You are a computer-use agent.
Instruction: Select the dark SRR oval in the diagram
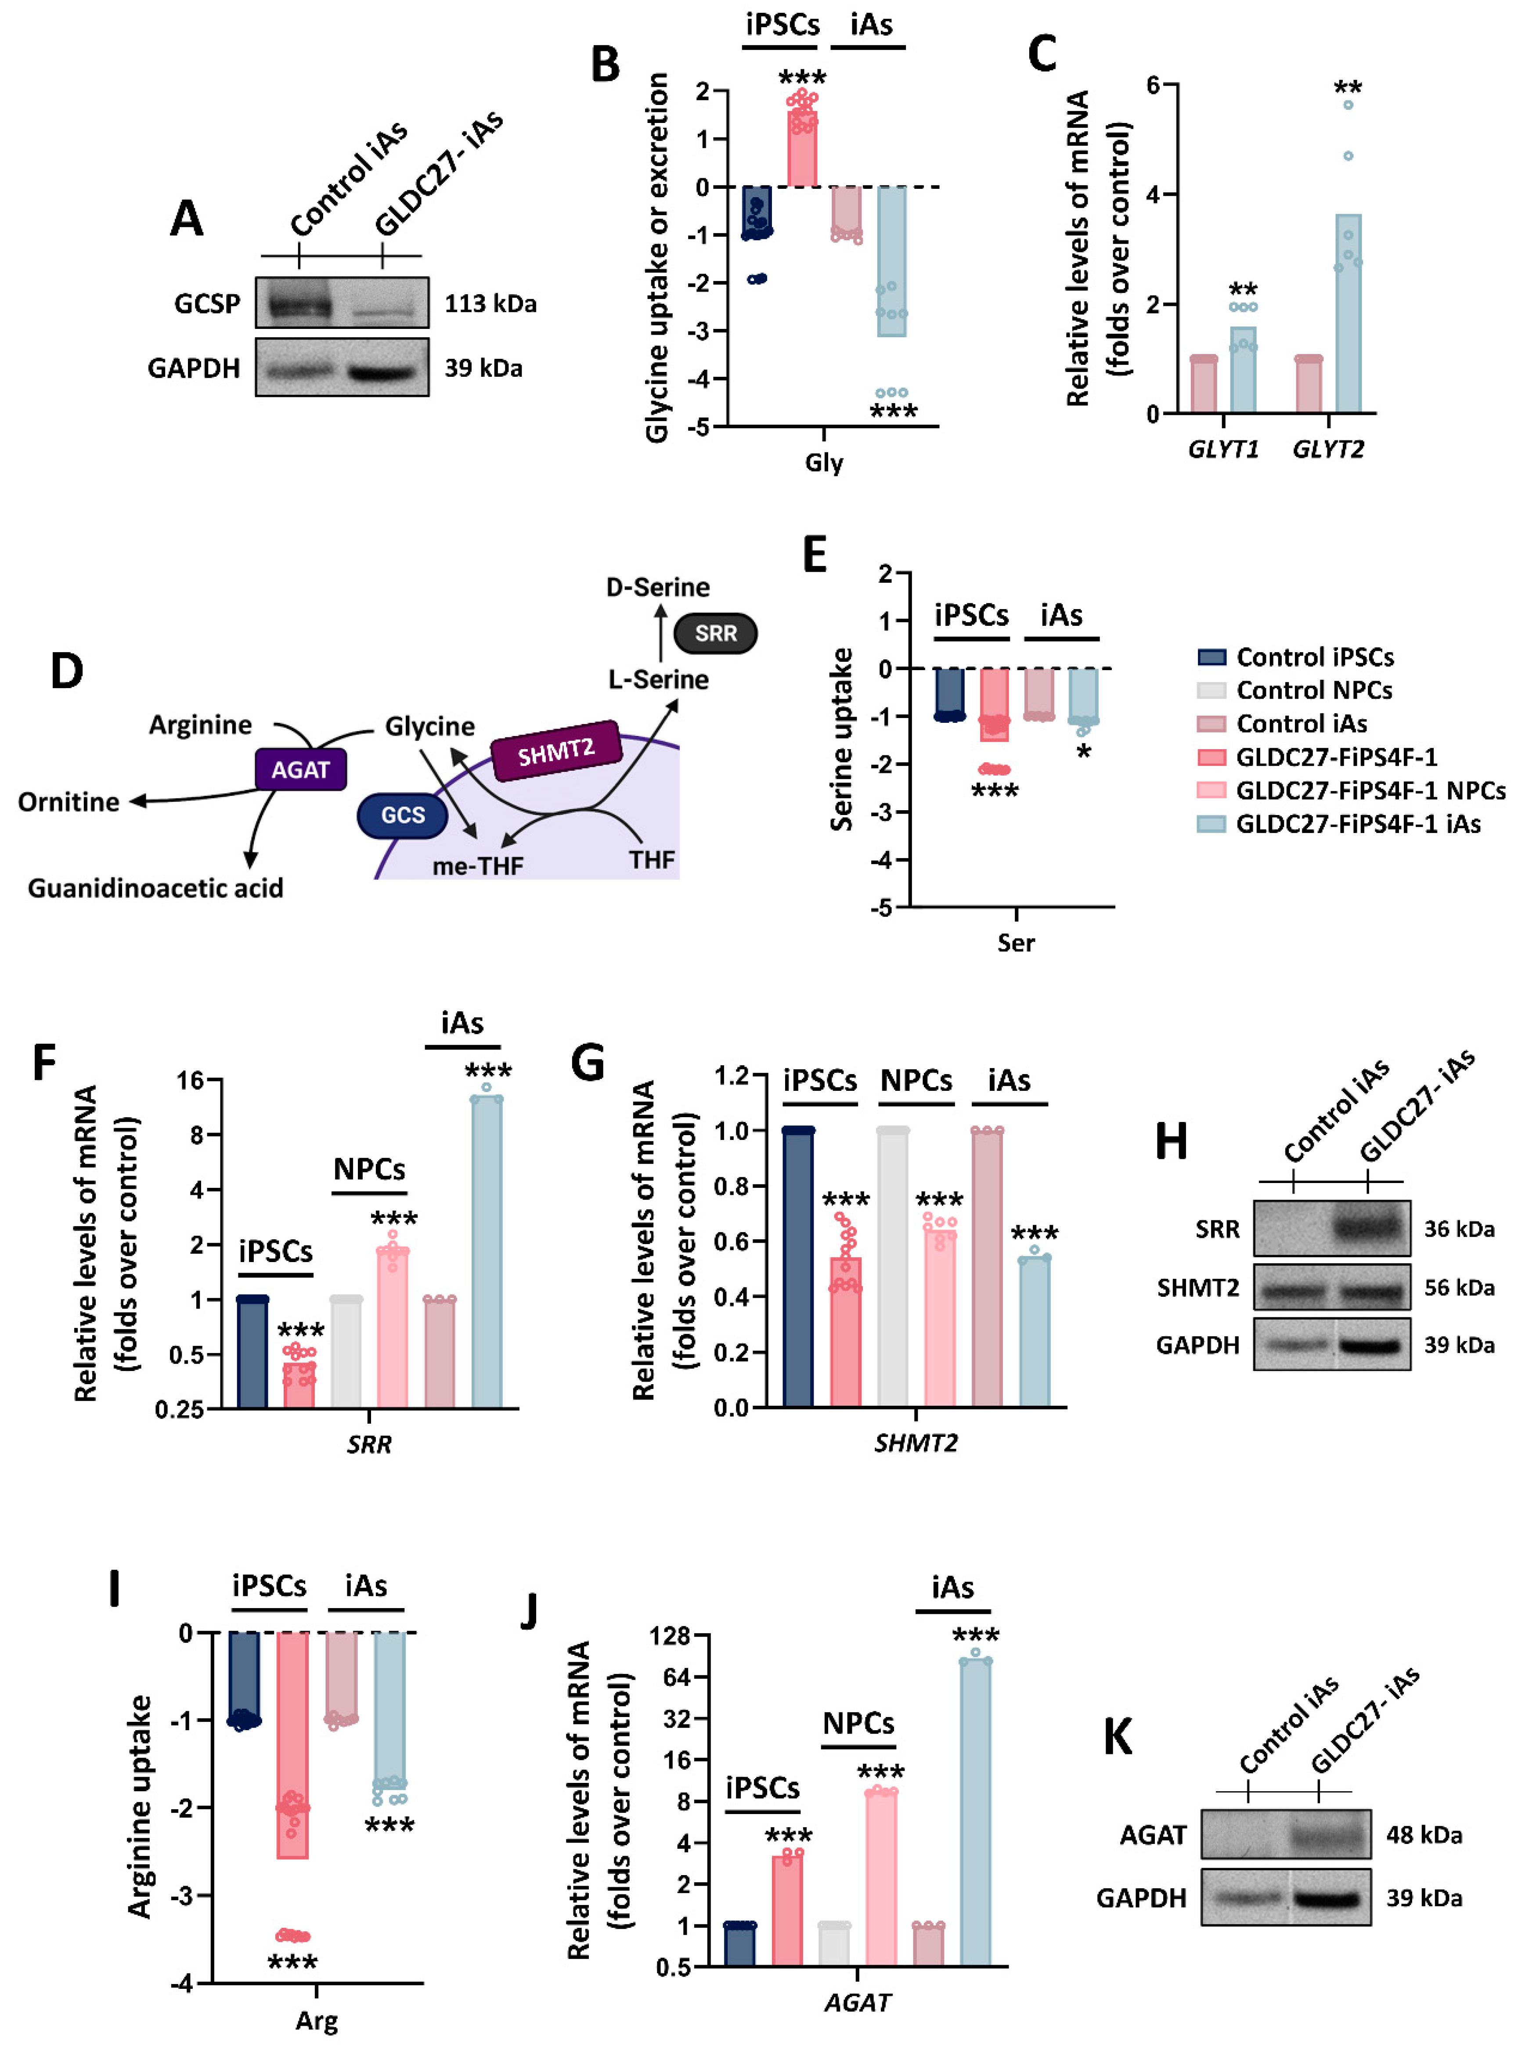coord(715,633)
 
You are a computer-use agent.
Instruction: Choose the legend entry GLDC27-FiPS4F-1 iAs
coord(1357,823)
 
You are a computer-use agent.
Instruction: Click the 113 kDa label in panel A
coord(490,303)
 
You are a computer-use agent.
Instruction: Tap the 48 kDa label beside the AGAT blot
coord(1423,1835)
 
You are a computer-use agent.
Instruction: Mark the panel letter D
coord(66,672)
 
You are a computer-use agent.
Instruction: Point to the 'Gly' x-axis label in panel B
coord(823,462)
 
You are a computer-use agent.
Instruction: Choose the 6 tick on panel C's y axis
coord(1152,84)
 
